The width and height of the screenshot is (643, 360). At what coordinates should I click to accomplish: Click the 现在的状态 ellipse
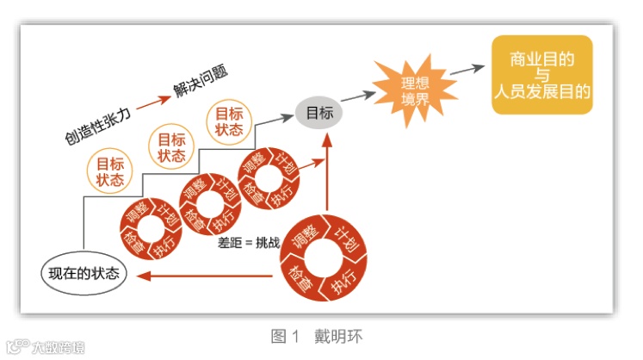(83, 275)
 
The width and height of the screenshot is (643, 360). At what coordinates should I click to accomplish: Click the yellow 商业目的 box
(542, 75)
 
